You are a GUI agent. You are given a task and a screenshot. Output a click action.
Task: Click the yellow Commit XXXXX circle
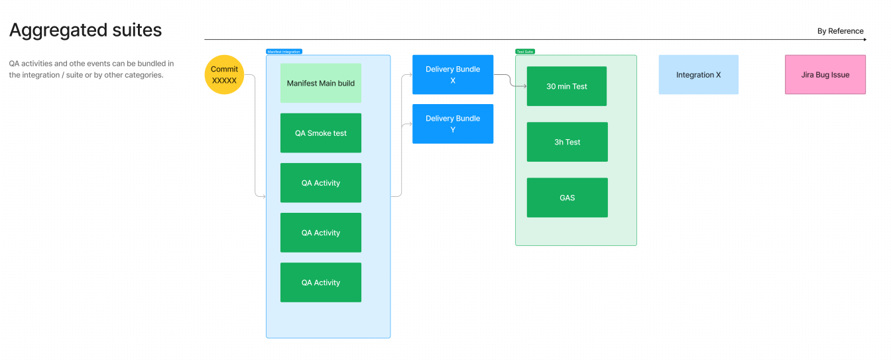tap(224, 75)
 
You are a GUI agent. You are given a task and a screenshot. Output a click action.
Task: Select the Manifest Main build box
tap(321, 84)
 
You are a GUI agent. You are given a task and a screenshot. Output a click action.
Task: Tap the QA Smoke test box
tap(321, 133)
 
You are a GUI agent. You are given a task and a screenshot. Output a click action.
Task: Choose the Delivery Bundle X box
tap(453, 75)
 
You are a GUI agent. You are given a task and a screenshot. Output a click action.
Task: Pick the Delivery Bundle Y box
tap(453, 124)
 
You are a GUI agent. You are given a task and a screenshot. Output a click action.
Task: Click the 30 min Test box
tap(567, 86)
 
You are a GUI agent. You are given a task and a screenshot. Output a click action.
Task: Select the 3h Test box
tap(567, 142)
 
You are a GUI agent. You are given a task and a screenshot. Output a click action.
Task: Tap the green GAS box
tap(567, 198)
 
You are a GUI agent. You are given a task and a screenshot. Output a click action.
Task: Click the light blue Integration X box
tap(699, 75)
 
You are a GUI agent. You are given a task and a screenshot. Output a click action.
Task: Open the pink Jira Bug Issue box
tap(825, 75)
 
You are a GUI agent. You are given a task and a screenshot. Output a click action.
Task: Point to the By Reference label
tap(840, 31)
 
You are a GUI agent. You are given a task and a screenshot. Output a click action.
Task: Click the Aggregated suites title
tap(86, 30)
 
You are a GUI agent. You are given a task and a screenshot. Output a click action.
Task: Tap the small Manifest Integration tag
tap(284, 52)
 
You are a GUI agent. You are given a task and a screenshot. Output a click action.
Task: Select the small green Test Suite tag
tap(525, 52)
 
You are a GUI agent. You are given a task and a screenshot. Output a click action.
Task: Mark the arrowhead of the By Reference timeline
tap(864, 40)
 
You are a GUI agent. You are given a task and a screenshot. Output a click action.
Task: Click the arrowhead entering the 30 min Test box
tap(524, 86)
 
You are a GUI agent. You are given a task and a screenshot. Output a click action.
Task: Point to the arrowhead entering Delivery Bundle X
tap(410, 75)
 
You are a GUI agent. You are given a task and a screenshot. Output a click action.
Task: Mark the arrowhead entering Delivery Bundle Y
tap(410, 124)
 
